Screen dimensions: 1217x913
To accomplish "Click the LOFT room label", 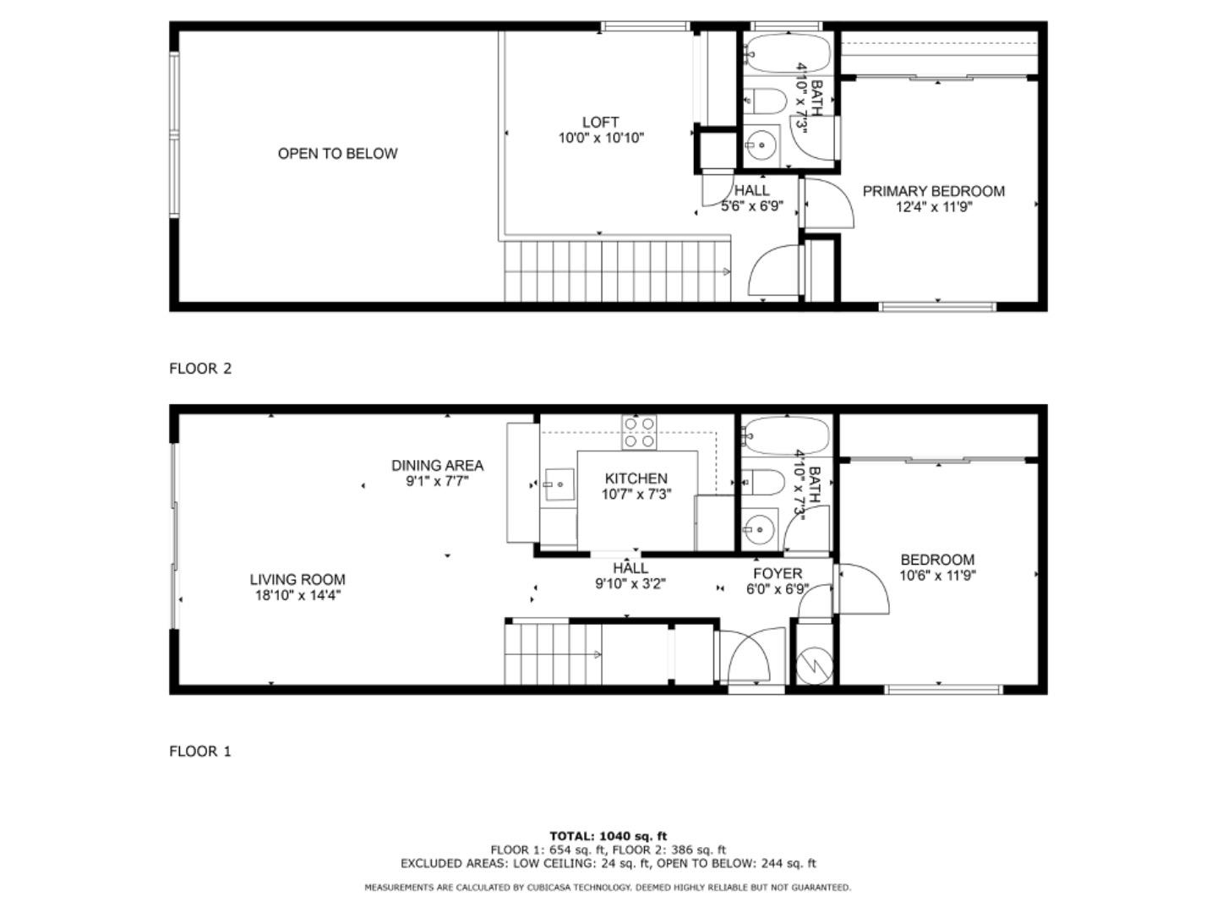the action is tap(600, 122).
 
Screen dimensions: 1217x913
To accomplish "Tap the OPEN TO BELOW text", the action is tap(337, 154).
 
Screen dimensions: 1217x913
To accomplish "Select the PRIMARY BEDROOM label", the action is tap(933, 191).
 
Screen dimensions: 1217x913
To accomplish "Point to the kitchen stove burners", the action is tap(639, 432).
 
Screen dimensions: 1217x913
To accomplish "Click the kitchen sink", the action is tap(559, 484).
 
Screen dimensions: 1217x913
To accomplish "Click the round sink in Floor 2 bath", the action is tap(760, 145).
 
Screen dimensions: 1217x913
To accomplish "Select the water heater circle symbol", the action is tap(814, 666).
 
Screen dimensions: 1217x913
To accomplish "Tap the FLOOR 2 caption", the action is tap(200, 368).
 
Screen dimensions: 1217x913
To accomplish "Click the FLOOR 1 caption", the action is tap(199, 752).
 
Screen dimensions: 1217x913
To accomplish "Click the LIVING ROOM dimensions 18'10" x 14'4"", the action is tap(297, 595).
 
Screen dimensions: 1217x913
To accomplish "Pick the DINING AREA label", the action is tap(437, 465).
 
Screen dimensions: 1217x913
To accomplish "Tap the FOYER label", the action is tap(778, 573).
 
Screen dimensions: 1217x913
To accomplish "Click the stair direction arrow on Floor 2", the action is tap(726, 271).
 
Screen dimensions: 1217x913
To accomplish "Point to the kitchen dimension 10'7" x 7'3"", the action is tap(636, 494).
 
